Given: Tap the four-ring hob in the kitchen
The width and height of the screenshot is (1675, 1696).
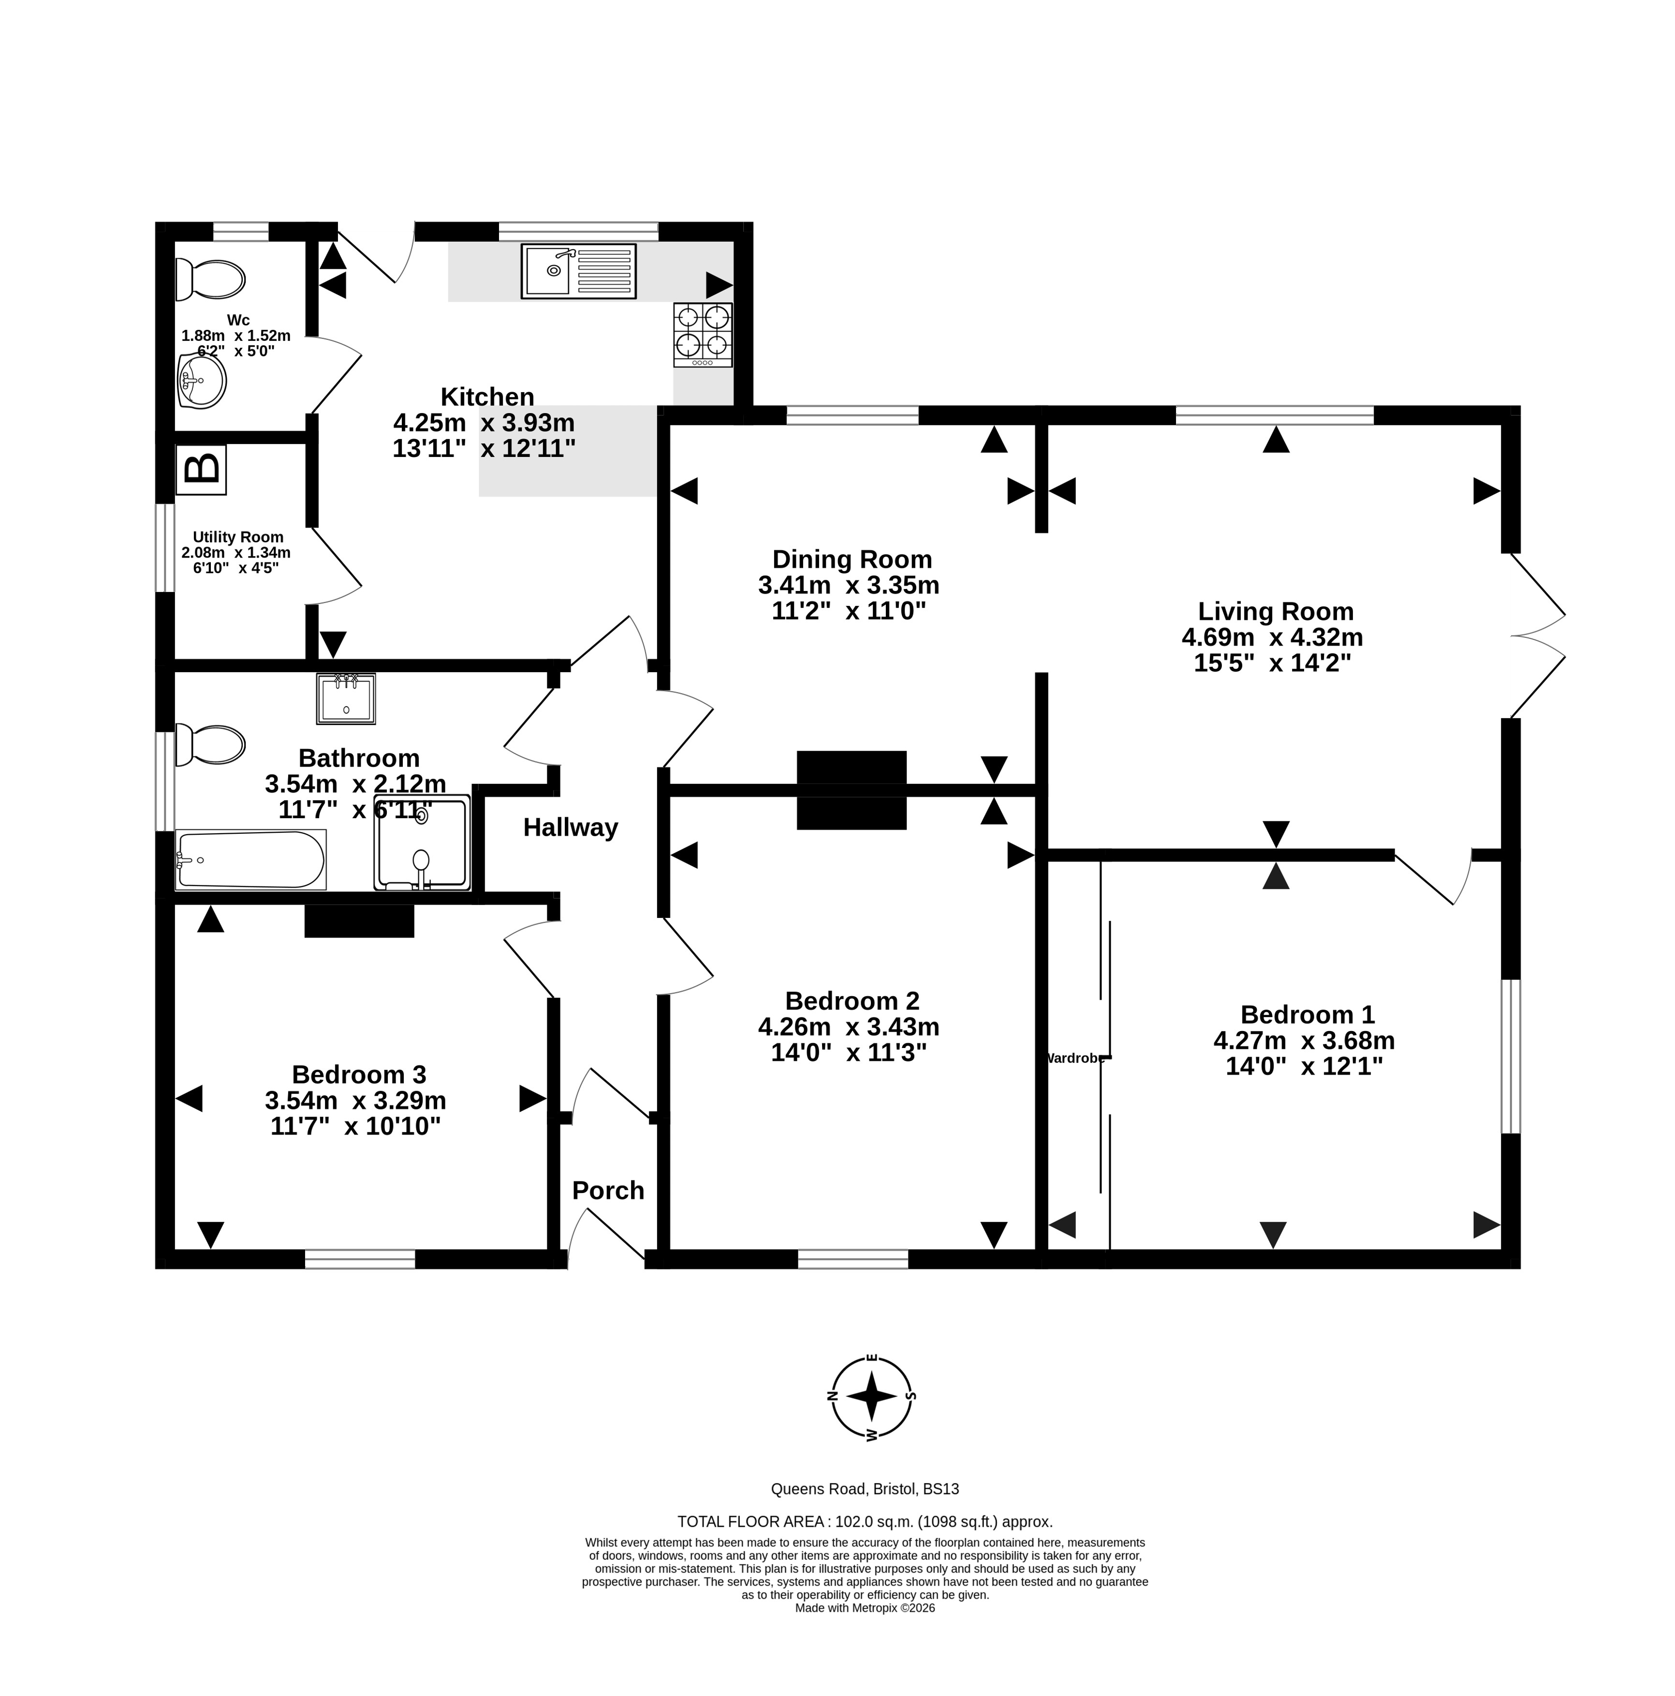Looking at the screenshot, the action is point(702,335).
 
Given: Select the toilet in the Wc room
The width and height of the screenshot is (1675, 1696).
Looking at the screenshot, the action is point(210,279).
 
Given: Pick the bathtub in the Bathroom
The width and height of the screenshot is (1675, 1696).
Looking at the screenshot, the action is point(251,859).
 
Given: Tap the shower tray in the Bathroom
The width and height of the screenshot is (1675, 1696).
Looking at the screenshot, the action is point(422,843).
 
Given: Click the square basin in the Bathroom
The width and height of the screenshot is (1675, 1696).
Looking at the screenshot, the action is point(346,699).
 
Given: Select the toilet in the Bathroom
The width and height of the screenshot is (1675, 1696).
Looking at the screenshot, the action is point(210,744).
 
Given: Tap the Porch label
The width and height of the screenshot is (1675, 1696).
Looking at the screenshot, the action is point(607,1190).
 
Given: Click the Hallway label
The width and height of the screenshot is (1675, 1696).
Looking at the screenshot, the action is point(571,827).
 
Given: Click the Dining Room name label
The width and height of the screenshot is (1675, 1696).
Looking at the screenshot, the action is point(852,559).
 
